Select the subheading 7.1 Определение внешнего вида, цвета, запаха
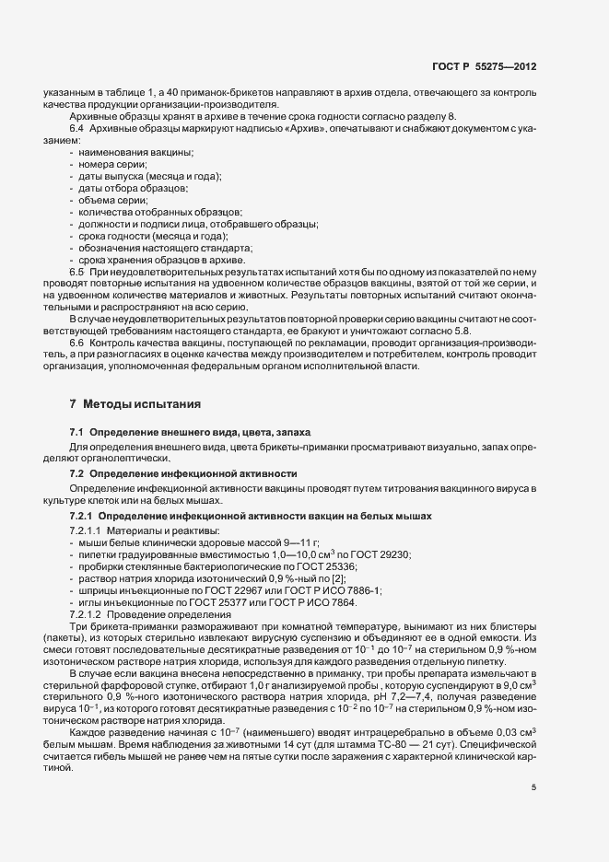[x=191, y=432]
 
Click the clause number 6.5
[x=77, y=274]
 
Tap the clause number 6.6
[x=77, y=343]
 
